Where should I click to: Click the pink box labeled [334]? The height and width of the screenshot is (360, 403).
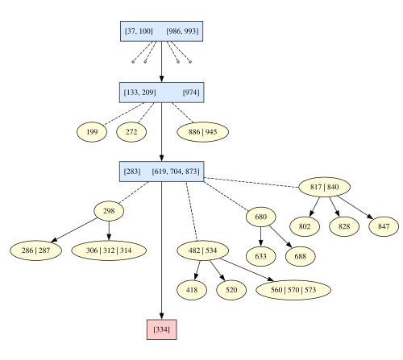162,329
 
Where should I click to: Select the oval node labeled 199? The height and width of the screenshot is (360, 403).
92,132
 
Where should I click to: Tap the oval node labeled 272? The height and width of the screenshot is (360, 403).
131,132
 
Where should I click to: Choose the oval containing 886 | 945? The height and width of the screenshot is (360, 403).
203,132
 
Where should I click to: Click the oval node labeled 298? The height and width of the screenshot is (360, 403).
109,211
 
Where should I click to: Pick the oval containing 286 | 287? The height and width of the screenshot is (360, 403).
35,250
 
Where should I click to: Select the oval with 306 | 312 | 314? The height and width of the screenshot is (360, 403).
109,250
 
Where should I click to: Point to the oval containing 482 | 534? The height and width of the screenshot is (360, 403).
203,250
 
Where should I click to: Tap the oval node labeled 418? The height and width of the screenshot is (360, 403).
192,290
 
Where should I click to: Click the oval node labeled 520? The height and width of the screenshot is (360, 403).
231,290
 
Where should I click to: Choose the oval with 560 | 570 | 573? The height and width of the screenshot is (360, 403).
293,290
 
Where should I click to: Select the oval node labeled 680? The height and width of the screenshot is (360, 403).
260,217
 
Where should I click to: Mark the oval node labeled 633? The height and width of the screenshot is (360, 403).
260,256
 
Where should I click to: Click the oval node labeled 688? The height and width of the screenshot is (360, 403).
301,256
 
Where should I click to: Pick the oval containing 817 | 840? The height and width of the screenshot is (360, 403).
325,187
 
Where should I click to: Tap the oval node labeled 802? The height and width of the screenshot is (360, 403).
305,226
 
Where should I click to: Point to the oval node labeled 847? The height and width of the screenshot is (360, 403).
384,226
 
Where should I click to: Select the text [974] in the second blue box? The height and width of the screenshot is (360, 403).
191,93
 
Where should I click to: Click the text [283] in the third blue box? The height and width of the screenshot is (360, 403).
132,172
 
